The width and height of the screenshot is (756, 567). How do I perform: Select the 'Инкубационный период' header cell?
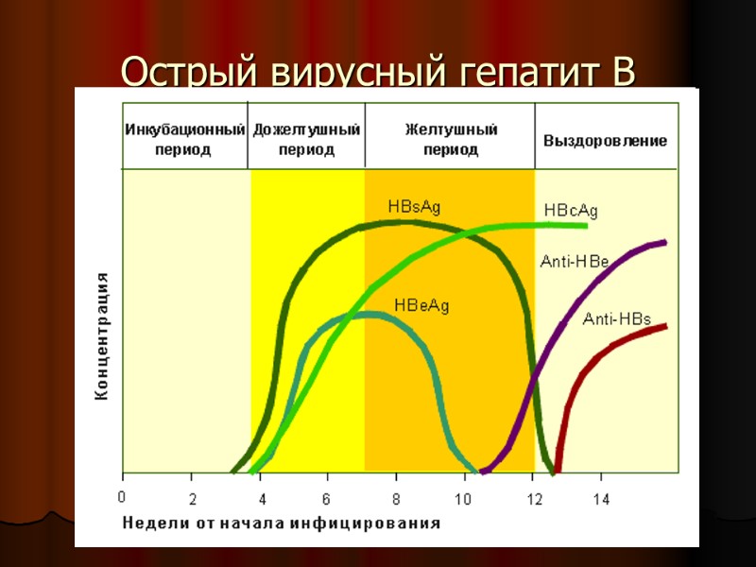click(x=185, y=139)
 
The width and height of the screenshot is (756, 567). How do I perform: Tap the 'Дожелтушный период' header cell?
click(x=306, y=139)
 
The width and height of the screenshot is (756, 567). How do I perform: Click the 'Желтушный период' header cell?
click(x=450, y=139)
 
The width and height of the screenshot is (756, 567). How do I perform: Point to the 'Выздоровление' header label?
click(x=605, y=141)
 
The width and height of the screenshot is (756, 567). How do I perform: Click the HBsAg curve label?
click(x=414, y=206)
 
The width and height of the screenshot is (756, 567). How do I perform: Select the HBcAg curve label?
click(x=571, y=210)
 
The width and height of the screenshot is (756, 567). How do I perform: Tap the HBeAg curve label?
click(x=421, y=304)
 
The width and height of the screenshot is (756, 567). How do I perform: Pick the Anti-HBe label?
click(x=574, y=262)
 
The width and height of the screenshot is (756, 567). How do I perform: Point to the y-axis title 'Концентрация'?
click(x=102, y=336)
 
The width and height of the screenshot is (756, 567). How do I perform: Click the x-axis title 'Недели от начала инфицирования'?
click(x=280, y=523)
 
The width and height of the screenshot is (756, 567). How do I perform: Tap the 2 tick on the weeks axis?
click(x=192, y=497)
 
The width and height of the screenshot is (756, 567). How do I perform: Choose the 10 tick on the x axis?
click(x=464, y=497)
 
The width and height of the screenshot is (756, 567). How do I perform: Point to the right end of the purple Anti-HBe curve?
click(x=665, y=243)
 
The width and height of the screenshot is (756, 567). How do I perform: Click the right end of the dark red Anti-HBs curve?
click(x=665, y=326)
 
